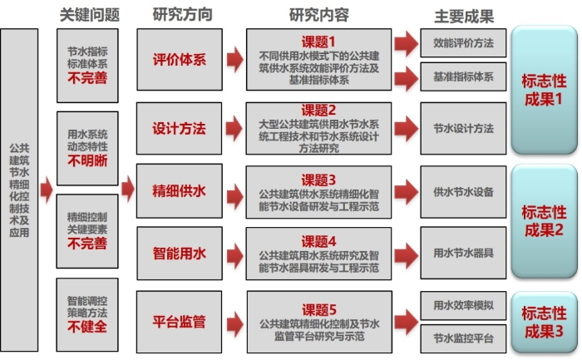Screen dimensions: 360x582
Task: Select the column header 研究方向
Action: tap(182, 15)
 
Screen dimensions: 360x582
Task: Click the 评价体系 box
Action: tap(179, 60)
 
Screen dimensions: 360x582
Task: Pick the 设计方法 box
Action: tap(179, 129)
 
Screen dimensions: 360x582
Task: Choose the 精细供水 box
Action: tap(179, 190)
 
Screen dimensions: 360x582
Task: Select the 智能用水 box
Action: tap(179, 249)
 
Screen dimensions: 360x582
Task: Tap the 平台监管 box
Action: tap(179, 320)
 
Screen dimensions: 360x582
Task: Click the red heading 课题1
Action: tap(318, 41)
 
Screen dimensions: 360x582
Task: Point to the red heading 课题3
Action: tap(318, 180)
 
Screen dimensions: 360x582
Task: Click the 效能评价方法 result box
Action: tap(463, 42)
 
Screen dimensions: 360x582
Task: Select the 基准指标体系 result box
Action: tap(463, 76)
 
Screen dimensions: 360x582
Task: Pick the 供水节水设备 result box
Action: tap(463, 191)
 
